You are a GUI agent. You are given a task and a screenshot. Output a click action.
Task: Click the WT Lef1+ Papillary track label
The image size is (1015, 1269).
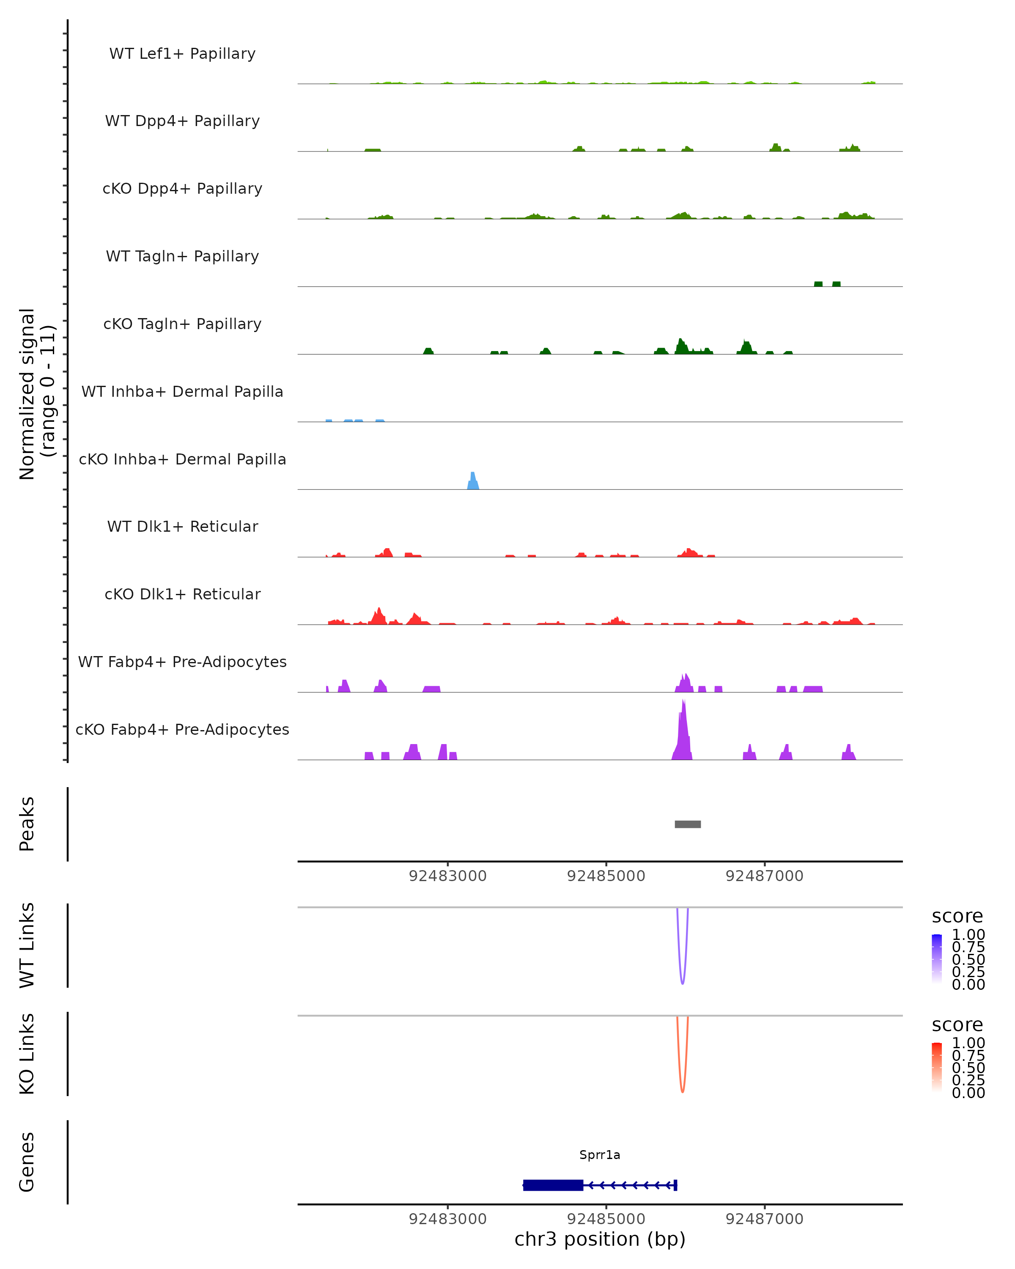182,54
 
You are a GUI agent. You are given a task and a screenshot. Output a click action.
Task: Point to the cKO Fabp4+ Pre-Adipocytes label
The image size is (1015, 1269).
182,729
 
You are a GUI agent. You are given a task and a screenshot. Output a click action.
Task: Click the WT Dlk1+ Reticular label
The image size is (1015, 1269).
182,526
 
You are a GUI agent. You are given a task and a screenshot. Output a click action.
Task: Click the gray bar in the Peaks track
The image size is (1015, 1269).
687,824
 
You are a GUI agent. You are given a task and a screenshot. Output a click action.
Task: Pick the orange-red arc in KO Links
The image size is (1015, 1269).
683,1090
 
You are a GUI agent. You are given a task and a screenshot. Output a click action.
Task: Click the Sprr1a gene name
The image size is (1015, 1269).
600,1155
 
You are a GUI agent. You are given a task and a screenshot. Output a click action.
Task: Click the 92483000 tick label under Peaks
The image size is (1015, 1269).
448,876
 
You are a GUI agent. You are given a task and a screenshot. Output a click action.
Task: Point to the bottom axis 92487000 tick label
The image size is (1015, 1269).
764,1219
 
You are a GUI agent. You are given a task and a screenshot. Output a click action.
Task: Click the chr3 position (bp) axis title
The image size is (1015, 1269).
600,1239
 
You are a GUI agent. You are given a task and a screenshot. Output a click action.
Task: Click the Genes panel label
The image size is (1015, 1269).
27,1162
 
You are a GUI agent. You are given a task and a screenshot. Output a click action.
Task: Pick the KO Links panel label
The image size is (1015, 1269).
27,1054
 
